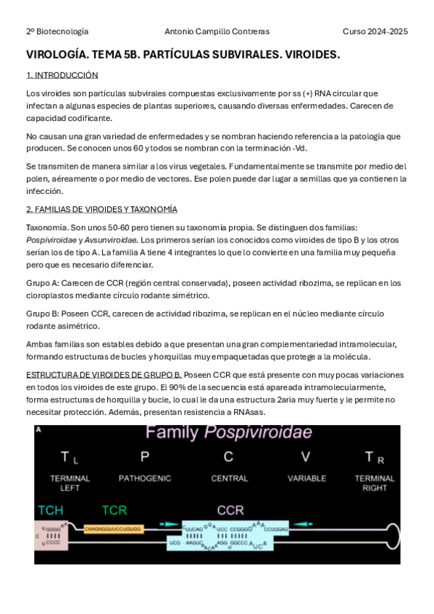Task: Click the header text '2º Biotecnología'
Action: pyautogui.click(x=57, y=31)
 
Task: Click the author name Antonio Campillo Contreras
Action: pyautogui.click(x=217, y=31)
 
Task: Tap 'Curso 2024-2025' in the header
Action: pyautogui.click(x=375, y=31)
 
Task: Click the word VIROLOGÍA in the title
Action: pyautogui.click(x=56, y=55)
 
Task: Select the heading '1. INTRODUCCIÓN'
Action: pyautogui.click(x=62, y=75)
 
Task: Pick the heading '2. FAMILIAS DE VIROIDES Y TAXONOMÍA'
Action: pyautogui.click(x=101, y=209)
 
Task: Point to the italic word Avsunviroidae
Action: pyautogui.click(x=111, y=240)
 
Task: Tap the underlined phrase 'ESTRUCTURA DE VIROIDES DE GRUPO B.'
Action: pyautogui.click(x=104, y=374)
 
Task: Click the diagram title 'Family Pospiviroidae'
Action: pyautogui.click(x=229, y=433)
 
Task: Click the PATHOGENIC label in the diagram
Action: pyautogui.click(x=145, y=479)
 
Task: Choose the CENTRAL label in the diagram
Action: pyautogui.click(x=229, y=479)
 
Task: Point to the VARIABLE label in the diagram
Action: pyautogui.click(x=307, y=479)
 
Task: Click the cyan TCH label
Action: pyautogui.click(x=50, y=510)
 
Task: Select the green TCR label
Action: pyautogui.click(x=114, y=510)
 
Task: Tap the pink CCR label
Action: pyautogui.click(x=230, y=510)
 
